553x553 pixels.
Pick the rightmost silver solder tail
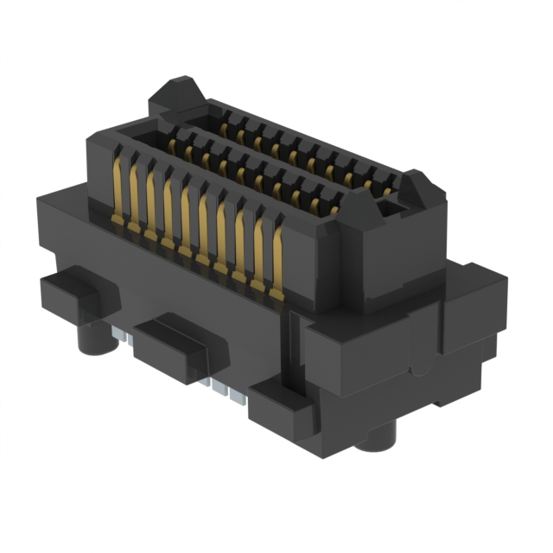238,395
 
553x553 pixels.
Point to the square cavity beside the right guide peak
391,207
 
